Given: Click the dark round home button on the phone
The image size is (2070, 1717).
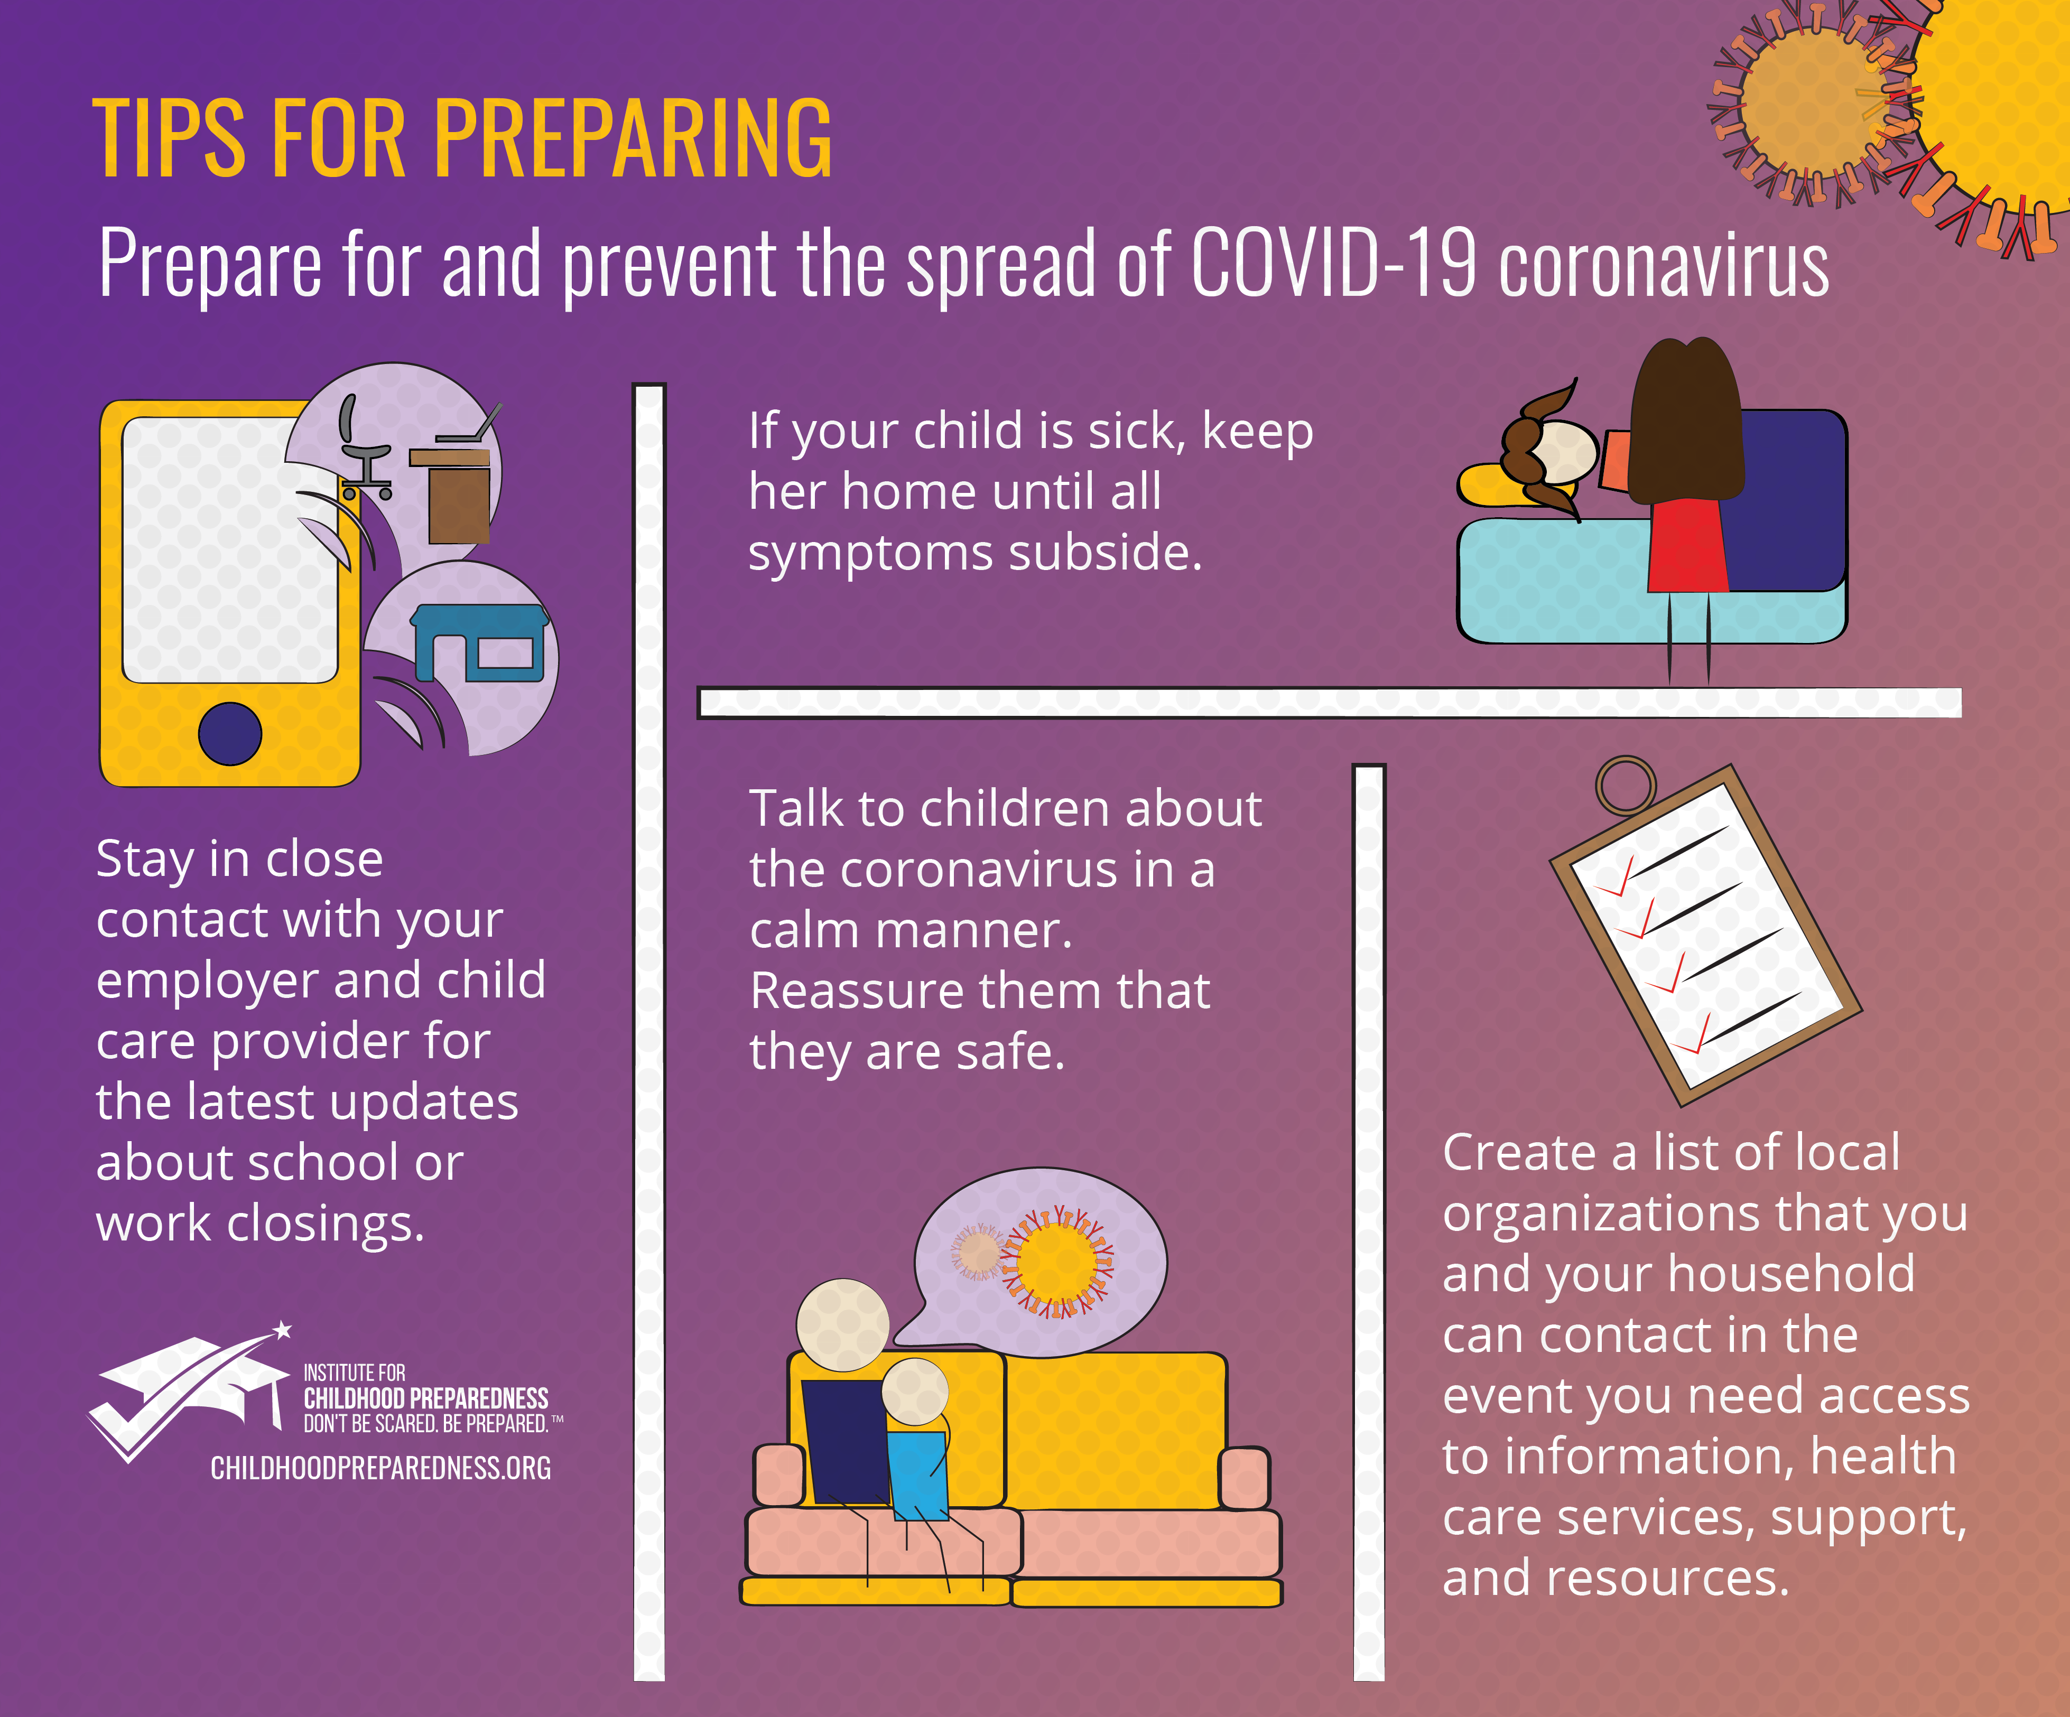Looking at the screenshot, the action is point(230,733).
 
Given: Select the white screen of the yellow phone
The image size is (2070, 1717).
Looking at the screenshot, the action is point(227,549).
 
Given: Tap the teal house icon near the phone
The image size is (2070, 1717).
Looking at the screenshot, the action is point(479,642).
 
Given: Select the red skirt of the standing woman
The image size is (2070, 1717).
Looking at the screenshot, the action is point(1687,545).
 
